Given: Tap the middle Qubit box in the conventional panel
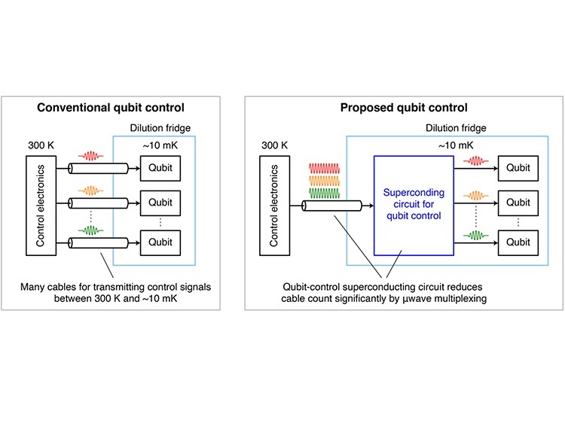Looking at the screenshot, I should [161, 203].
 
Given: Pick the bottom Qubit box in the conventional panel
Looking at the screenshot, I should [161, 242].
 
